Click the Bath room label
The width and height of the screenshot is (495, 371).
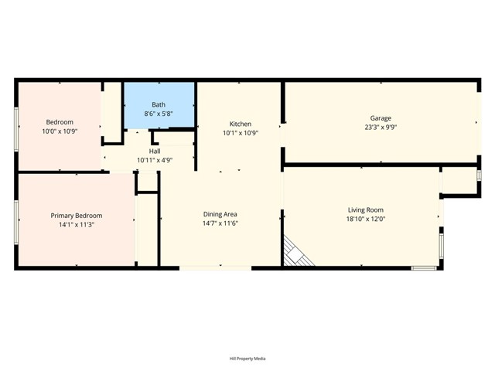pos(159,104)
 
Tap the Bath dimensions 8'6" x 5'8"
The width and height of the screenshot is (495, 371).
pos(159,114)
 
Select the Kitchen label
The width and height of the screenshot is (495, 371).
pos(240,124)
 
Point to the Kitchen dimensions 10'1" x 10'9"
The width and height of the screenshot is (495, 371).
pos(240,133)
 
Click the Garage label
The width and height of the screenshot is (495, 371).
pos(380,118)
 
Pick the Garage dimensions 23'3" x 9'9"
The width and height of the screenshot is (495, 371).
pos(380,128)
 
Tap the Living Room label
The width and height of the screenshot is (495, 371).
pos(365,209)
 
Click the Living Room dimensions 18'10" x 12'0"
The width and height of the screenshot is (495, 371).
pos(365,219)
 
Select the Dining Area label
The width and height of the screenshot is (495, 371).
pos(220,214)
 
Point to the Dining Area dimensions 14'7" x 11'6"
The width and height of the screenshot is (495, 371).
pos(220,223)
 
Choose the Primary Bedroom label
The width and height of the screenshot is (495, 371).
pos(76,216)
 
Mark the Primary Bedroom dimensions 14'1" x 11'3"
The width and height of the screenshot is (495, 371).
pos(76,225)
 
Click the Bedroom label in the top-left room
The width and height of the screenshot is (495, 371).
pos(60,122)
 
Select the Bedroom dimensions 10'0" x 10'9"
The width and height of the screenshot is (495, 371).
pos(60,131)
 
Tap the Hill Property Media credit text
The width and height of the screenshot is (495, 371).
pos(247,359)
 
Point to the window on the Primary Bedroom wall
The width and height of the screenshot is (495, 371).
pos(16,222)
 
